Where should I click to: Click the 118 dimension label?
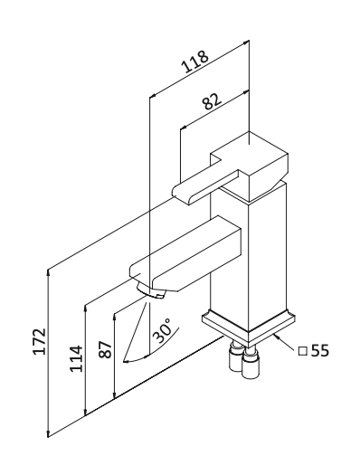pos(194,62)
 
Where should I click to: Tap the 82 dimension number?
pos(213,100)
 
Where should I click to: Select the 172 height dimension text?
pos(40,341)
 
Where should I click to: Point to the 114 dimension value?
pos(76,358)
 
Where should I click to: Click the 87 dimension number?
pos(106,349)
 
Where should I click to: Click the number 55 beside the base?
pos(319,351)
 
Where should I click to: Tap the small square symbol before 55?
pos(302,352)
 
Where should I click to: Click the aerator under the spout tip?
pos(151,290)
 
